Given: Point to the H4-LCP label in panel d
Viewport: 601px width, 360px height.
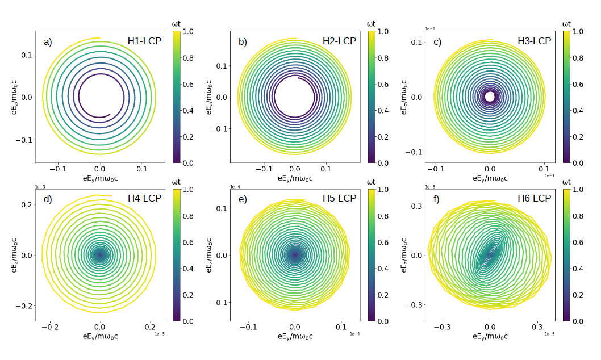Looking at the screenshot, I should pyautogui.click(x=145, y=199).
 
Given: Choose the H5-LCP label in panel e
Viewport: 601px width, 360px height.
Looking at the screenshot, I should pyautogui.click(x=340, y=199).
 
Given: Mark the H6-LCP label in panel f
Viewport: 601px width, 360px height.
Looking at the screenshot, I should pyautogui.click(x=535, y=199).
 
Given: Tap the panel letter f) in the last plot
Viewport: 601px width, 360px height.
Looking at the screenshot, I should pyautogui.click(x=437, y=199).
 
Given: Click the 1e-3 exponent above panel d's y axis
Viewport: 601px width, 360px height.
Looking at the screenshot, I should pyautogui.click(x=40, y=186).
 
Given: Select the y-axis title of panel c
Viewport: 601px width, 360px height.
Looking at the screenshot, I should pyautogui.click(x=404, y=97).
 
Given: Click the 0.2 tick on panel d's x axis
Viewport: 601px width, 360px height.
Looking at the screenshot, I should pyautogui.click(x=149, y=327).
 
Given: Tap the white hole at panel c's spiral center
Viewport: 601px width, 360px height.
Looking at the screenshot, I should pyautogui.click(x=490, y=97).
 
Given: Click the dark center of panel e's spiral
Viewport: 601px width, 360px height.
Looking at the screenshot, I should pyautogui.click(x=295, y=255).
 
